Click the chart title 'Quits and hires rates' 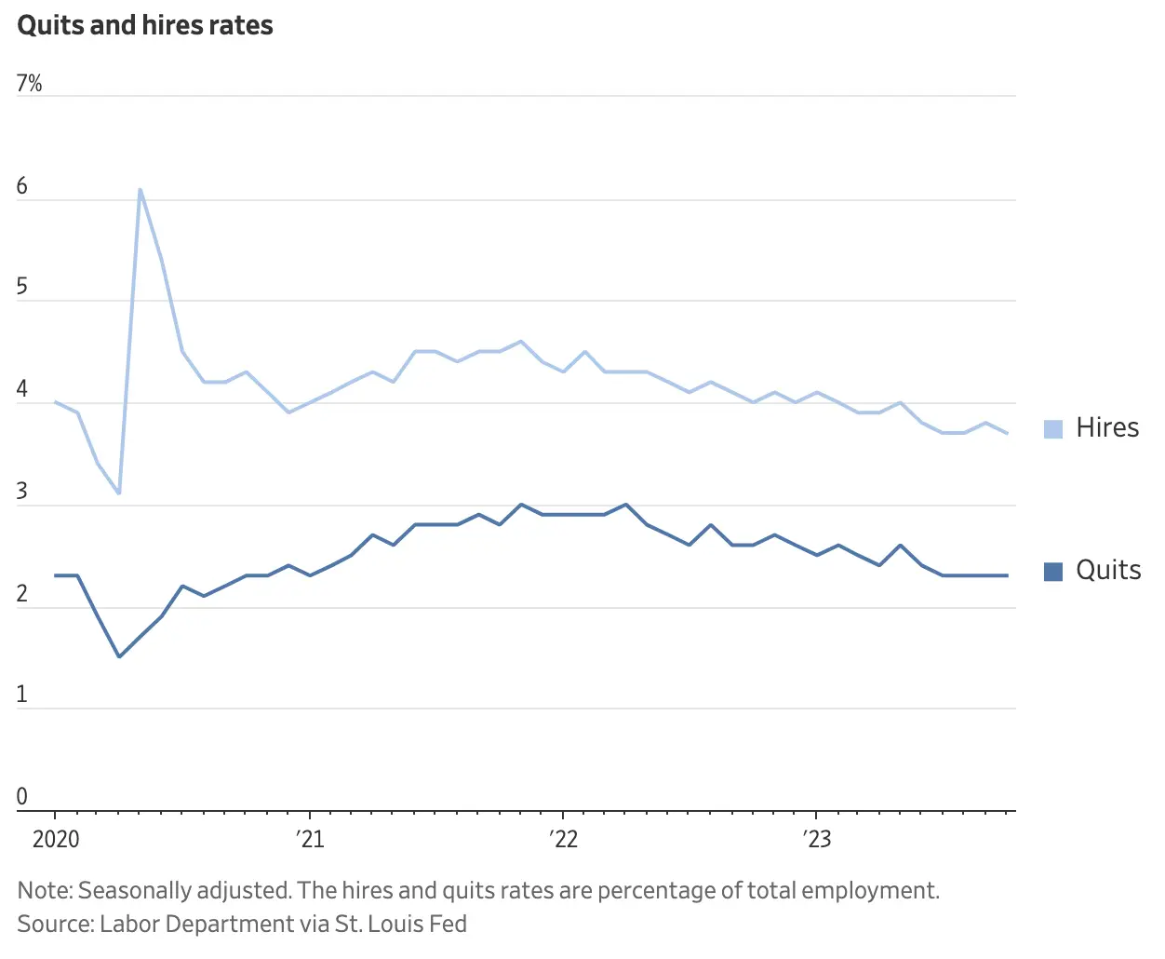point(145,25)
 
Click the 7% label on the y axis point(29,84)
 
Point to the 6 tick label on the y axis point(22,186)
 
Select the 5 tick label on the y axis point(22,287)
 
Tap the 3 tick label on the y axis point(22,492)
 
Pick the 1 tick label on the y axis point(22,695)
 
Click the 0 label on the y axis point(22,797)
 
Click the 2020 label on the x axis point(56,839)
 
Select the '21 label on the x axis point(310,839)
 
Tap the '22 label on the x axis point(563,839)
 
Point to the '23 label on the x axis point(817,839)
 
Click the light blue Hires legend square point(1053,429)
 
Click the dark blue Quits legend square point(1053,572)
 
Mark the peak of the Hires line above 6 point(140,190)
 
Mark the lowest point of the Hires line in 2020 point(119,493)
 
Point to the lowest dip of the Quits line point(119,656)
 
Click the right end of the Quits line point(1007,575)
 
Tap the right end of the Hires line point(1007,433)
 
